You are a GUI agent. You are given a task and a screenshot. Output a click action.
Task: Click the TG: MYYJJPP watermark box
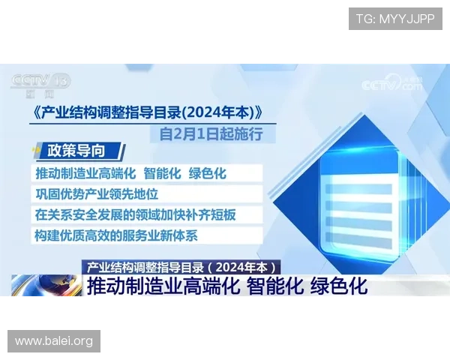coord(395,19)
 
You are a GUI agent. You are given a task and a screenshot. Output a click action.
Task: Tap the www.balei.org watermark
coord(54,341)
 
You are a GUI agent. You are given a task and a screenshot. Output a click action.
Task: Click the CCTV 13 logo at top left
coord(40,82)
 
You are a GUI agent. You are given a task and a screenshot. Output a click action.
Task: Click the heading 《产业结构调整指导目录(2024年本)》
coord(150,113)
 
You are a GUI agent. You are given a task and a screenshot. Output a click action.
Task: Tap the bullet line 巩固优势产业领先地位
coord(97,193)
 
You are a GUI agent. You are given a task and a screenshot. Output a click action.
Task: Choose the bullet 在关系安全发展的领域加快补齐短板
coord(136,214)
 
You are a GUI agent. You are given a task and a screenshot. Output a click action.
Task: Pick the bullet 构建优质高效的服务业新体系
coord(116,235)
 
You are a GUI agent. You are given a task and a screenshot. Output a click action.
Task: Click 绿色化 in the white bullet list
coord(208,173)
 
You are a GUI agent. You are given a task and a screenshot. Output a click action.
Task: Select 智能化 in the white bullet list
coord(162,173)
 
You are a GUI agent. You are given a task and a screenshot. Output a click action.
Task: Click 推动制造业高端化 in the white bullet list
coord(85,173)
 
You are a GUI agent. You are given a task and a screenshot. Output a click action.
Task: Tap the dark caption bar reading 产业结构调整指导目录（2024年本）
coord(182,266)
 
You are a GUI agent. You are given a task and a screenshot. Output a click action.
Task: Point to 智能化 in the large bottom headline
coord(274,286)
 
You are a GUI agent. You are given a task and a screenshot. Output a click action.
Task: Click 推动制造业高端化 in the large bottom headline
coord(163,286)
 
